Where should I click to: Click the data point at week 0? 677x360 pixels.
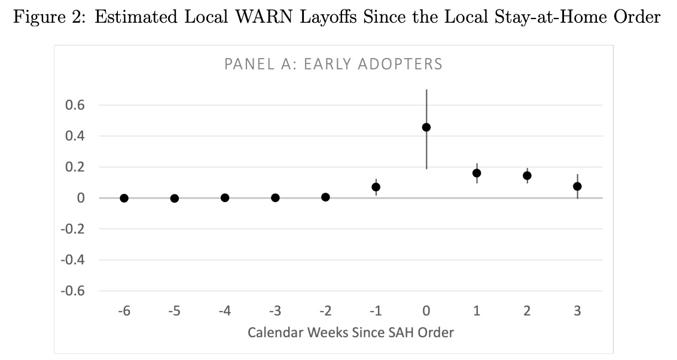(x=426, y=127)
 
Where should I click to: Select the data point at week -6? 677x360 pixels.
(x=124, y=198)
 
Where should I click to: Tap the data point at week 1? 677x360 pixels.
(x=477, y=173)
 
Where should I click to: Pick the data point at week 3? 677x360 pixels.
(x=577, y=187)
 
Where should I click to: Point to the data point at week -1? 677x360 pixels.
(x=376, y=187)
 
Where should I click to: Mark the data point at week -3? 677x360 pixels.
(x=275, y=197)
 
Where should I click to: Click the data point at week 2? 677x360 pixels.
(x=527, y=176)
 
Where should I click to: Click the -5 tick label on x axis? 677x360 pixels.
(x=174, y=311)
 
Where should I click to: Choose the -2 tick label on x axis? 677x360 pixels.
(x=325, y=311)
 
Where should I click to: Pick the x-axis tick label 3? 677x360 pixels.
(x=577, y=311)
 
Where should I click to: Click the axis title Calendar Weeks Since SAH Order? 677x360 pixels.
(x=350, y=331)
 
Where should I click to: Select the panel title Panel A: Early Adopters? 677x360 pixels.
(x=333, y=64)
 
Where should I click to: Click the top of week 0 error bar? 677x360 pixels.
(x=426, y=90)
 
